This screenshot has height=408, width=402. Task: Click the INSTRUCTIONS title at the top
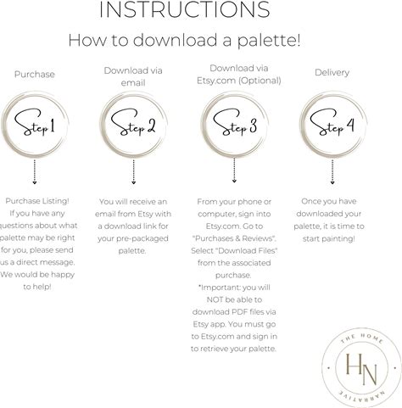click(185, 9)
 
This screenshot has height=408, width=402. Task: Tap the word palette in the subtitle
click(265, 41)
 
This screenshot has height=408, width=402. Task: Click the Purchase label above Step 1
click(35, 75)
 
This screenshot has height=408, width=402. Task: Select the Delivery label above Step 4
click(332, 73)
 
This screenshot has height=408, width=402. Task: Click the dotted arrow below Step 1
click(35, 172)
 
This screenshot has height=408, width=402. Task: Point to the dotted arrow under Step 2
click(134, 172)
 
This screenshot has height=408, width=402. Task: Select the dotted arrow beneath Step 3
click(234, 170)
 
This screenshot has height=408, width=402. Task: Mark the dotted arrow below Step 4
click(332, 172)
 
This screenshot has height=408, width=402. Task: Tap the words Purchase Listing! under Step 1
click(37, 201)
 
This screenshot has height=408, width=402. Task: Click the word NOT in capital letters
click(215, 299)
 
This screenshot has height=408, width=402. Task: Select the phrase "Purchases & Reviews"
click(234, 238)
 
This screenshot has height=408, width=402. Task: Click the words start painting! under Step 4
click(328, 239)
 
